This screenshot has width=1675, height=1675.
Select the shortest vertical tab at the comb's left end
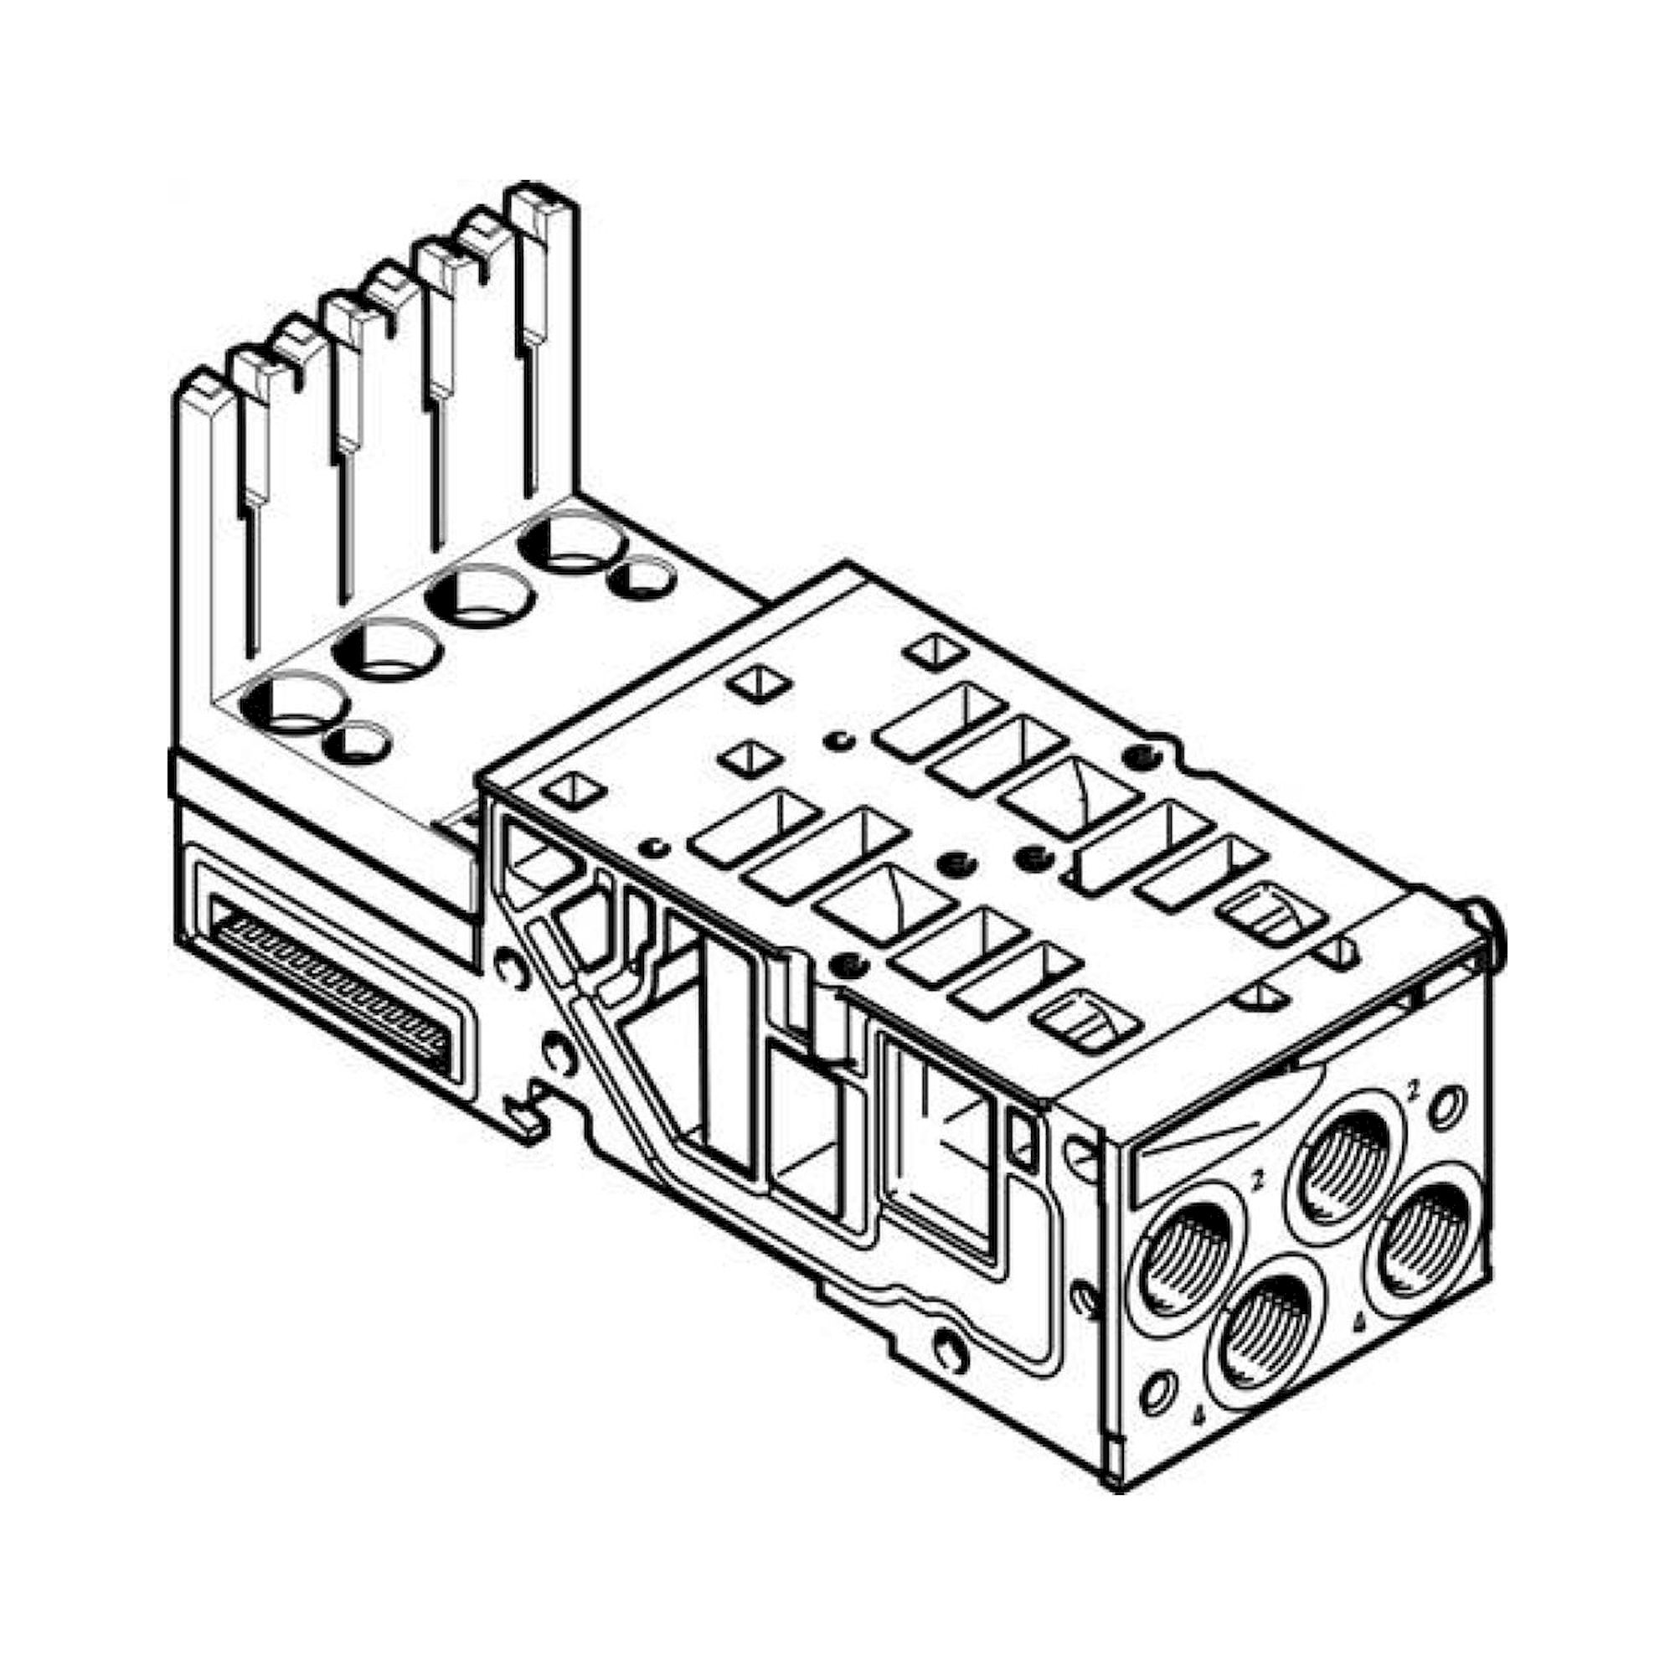click(204, 520)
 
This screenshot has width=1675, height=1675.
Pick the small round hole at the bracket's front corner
click(356, 742)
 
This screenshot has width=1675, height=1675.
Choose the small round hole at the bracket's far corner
click(641, 576)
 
